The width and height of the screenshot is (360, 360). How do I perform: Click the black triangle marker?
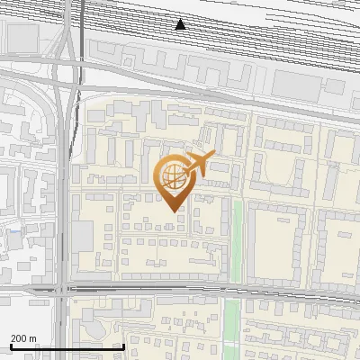click(181, 24)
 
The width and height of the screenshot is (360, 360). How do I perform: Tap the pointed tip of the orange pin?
click(173, 211)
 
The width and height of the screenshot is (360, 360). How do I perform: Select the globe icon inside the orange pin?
click(172, 176)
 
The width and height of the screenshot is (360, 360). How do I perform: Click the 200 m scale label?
click(23, 338)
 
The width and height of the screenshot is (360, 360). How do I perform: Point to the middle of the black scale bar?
click(67, 346)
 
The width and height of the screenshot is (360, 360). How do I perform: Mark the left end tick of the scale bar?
click(10, 346)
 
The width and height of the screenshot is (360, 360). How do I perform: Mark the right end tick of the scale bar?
click(123, 346)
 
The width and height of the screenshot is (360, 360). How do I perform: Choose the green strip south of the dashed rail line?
click(232, 324)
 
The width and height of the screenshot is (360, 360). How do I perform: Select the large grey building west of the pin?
click(82, 237)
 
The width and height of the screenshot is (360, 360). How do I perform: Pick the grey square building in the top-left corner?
click(22, 36)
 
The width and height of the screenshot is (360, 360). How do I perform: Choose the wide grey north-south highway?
click(61, 180)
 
